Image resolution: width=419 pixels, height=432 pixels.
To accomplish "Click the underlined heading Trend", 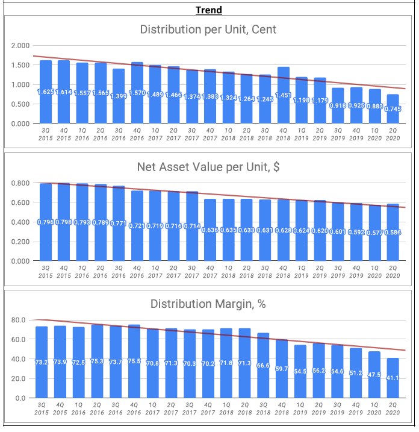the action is (209, 10).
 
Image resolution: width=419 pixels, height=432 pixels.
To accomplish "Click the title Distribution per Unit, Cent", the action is (208, 30).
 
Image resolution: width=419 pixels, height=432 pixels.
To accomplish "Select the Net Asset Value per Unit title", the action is (208, 167).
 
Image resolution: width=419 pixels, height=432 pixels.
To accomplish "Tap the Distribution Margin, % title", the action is (208, 304).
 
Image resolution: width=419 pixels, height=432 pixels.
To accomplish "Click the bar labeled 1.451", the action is (284, 95).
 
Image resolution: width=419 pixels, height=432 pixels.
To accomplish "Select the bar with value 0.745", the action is (393, 109).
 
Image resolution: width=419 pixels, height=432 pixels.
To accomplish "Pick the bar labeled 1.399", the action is (119, 96).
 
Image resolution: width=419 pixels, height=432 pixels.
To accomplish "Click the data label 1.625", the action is (46, 92).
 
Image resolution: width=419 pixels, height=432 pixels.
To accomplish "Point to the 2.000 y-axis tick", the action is (20, 45).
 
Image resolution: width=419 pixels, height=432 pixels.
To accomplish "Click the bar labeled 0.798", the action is (64, 222).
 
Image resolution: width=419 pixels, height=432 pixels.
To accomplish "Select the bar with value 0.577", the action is (374, 233).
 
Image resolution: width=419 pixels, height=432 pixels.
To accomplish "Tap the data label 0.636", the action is (210, 230).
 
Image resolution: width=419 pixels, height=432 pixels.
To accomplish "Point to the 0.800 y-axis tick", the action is (20, 183).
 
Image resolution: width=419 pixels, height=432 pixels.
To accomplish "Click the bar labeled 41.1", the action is (393, 378).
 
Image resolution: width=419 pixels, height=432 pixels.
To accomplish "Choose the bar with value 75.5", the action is (134, 361).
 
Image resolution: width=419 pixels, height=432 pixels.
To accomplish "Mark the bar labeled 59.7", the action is (282, 369).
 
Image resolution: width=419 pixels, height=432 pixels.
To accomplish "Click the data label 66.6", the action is (263, 365).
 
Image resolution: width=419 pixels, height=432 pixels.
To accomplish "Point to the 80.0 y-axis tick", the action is (18, 320).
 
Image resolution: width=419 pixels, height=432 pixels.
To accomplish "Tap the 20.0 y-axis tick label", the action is (18, 378).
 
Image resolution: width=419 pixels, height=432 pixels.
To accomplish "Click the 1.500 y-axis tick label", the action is (20, 65).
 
